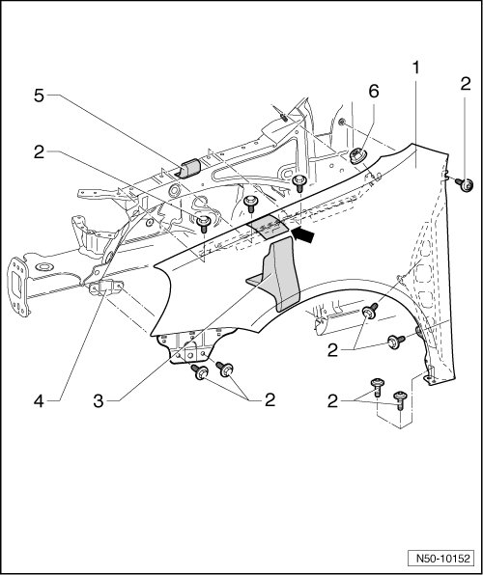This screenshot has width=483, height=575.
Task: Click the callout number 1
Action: (x=415, y=68)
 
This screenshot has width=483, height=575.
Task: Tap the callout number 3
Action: (x=99, y=401)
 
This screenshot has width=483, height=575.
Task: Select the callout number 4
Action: (x=39, y=401)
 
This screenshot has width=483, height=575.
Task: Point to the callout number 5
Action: (x=39, y=96)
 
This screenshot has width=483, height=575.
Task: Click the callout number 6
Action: (x=374, y=92)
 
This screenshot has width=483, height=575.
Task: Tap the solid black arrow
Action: (x=303, y=234)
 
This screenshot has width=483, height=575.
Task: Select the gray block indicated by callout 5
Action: (x=190, y=168)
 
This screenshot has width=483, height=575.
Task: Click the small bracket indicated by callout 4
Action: (x=106, y=287)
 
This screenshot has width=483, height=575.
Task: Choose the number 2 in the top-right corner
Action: (x=466, y=85)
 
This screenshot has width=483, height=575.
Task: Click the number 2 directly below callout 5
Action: (x=39, y=152)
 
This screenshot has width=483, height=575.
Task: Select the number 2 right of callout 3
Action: (x=270, y=400)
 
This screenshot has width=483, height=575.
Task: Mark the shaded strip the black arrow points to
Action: (x=270, y=228)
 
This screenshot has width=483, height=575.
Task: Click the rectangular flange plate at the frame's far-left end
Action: (x=17, y=286)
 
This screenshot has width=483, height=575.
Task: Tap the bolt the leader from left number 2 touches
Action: (x=203, y=224)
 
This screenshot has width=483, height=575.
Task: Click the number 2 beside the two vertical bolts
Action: (x=332, y=402)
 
